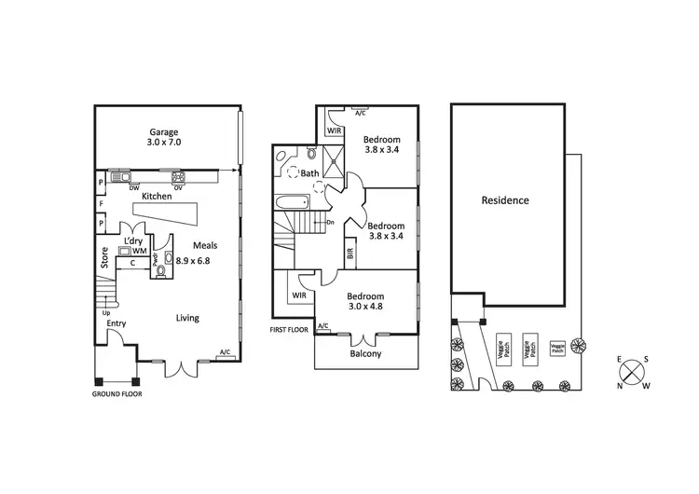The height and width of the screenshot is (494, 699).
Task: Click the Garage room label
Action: [164, 131]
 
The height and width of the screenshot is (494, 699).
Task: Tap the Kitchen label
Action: [157, 197]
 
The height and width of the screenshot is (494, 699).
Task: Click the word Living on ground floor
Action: [187, 318]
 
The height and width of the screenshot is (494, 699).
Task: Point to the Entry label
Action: [116, 324]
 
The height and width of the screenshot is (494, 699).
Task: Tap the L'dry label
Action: [134, 240]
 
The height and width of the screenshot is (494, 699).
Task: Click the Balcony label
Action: [365, 353]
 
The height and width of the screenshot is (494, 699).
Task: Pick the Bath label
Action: [310, 172]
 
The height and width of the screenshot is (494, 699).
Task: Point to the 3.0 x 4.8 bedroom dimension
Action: [365, 306]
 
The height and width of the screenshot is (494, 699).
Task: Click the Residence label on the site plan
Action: [505, 200]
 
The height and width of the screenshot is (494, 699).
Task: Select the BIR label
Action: [349, 252]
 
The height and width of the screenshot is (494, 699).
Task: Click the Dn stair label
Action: [330, 222]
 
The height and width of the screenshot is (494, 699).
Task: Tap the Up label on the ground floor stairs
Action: [106, 312]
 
